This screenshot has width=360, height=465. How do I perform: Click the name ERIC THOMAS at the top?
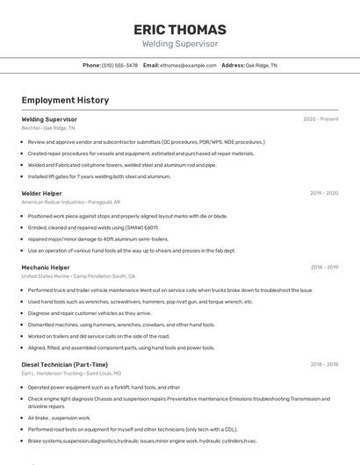[180, 30]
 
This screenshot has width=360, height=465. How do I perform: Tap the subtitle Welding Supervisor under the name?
[180, 43]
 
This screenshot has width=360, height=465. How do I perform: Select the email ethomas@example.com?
[188, 65]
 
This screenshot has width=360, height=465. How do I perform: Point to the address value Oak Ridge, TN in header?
[261, 65]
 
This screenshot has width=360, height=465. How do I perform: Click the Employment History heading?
[65, 100]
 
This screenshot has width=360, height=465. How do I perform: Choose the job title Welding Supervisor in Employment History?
[49, 118]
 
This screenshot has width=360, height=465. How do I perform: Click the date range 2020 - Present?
[320, 118]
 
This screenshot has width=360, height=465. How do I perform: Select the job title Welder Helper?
[41, 192]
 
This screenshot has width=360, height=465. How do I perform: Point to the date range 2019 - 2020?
[323, 192]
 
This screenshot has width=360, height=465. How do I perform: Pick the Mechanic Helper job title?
[46, 267]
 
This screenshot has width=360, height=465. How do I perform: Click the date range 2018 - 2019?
[324, 267]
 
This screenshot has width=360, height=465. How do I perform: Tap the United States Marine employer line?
[78, 276]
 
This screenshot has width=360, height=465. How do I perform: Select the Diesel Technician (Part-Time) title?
[65, 364]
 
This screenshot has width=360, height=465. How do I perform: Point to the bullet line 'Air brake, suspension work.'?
[60, 418]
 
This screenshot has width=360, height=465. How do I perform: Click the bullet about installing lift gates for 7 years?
[98, 176]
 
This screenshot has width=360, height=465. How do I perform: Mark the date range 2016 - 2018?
[324, 364]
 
